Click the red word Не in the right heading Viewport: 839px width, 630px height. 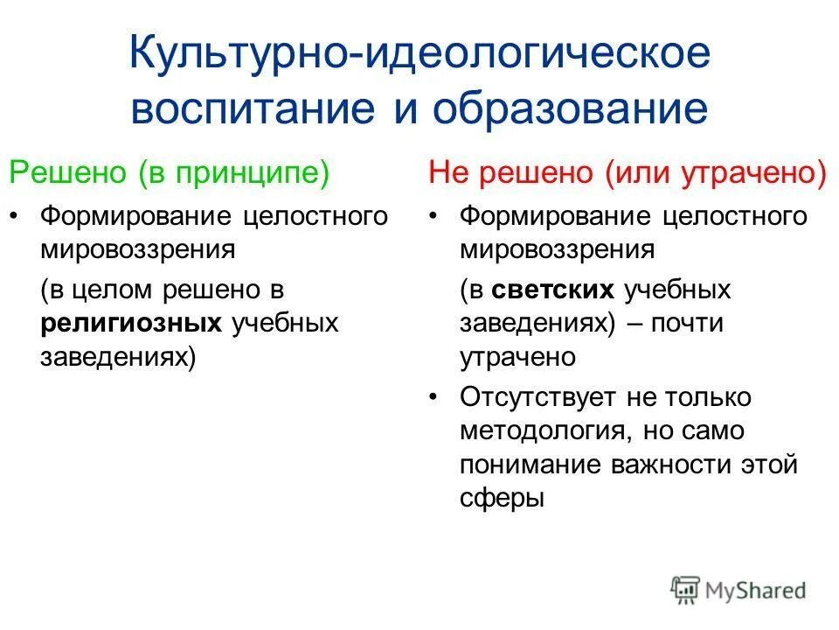click(447, 172)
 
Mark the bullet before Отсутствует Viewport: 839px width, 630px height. click(436, 397)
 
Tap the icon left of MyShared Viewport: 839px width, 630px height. click(686, 589)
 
